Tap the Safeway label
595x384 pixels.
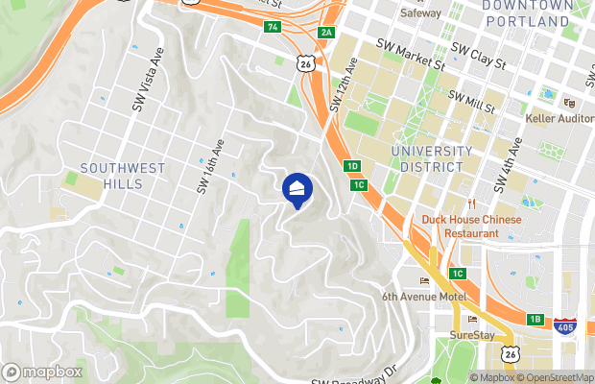pos(420,13)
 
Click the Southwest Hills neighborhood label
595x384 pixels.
pos(123,176)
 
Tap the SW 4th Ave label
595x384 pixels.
pos(509,169)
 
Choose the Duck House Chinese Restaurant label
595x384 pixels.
pos(471,226)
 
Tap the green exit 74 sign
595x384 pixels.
pos(274,27)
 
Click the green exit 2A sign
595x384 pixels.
pos(326,33)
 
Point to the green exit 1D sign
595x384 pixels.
pos(352,166)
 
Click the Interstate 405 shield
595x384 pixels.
pos(564,327)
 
